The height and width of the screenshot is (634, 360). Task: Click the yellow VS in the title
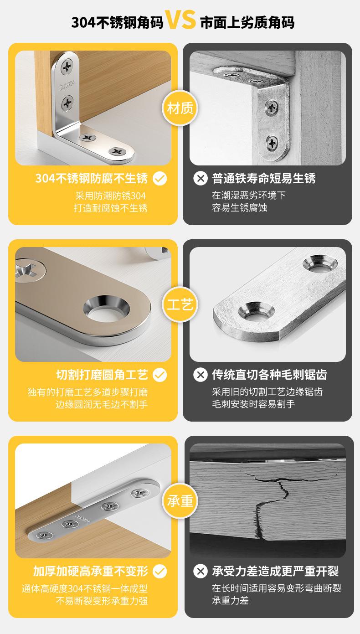[181, 20]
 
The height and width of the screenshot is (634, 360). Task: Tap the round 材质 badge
[180, 108]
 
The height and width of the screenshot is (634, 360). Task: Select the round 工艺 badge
[180, 304]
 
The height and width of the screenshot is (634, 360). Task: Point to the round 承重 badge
[180, 501]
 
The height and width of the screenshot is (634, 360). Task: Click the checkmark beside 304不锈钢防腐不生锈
[159, 179]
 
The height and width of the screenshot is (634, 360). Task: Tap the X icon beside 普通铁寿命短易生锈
[201, 179]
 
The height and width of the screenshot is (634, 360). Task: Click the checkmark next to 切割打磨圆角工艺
[159, 375]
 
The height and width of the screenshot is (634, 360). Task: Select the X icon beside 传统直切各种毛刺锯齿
[201, 375]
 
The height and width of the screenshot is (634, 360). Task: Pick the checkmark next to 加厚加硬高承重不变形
[159, 572]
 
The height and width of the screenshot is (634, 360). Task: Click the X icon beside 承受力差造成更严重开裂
[201, 572]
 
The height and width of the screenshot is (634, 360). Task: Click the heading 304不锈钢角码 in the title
[117, 22]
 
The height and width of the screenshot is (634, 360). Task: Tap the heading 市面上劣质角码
[247, 22]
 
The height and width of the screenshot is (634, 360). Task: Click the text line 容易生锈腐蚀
[239, 207]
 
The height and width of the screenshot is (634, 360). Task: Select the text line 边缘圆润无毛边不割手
[102, 404]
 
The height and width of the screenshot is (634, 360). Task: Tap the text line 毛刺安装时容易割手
[253, 404]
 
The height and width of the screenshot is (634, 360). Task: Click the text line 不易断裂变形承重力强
[102, 601]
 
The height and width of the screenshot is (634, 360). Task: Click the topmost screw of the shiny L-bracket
[67, 67]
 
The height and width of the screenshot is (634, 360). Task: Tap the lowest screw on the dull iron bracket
[272, 143]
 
